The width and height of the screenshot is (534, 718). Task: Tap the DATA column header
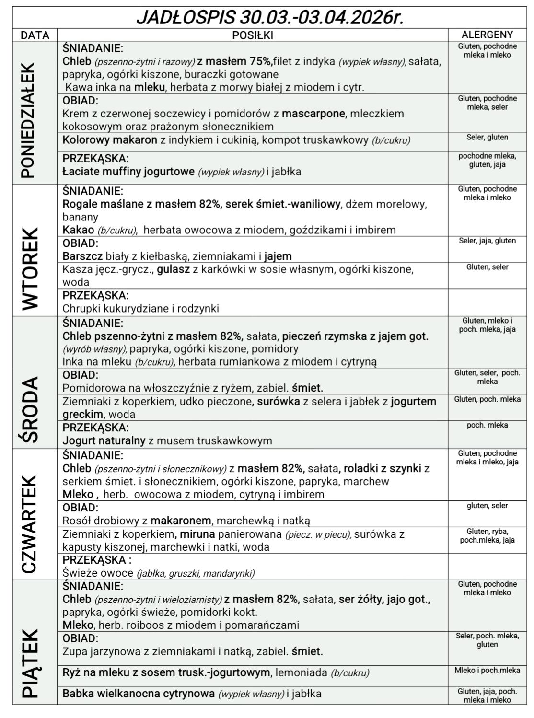(x=35, y=35)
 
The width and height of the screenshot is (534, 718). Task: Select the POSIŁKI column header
(x=252, y=35)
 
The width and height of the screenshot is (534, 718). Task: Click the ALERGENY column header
(x=487, y=35)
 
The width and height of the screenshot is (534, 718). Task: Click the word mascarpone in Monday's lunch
(x=313, y=114)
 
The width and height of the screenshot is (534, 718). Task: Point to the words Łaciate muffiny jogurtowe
(x=128, y=172)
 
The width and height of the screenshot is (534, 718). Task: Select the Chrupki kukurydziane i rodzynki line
(x=140, y=309)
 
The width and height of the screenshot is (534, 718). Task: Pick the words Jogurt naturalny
(x=104, y=440)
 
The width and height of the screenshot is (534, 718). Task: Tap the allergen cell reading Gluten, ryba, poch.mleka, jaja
(x=487, y=536)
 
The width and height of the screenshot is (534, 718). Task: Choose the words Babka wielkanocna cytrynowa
(x=139, y=694)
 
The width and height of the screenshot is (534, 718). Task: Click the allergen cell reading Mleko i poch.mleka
(x=487, y=671)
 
